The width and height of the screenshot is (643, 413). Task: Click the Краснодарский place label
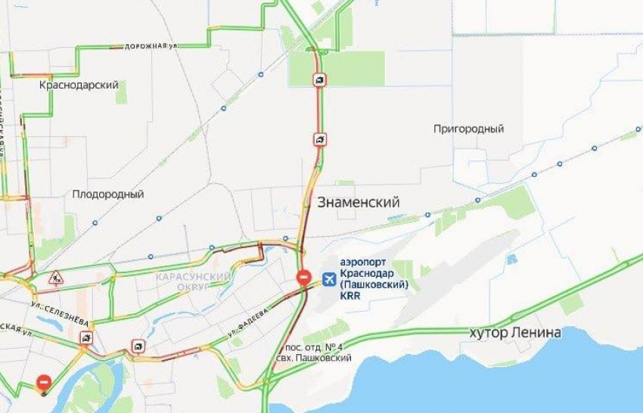79,85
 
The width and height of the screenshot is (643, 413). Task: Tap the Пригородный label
468,129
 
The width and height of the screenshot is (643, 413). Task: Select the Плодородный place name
108,194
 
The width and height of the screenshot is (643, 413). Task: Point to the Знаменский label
358,201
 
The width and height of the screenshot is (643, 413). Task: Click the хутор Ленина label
515,333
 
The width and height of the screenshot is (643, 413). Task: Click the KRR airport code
351,296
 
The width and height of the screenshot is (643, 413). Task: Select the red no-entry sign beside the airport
303,278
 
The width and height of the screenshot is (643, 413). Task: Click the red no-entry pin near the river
45,384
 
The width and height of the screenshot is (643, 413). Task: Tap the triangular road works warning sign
55,279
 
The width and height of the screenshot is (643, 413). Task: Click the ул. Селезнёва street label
61,315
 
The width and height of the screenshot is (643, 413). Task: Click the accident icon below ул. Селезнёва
87,338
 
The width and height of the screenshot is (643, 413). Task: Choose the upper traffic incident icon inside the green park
321,79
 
